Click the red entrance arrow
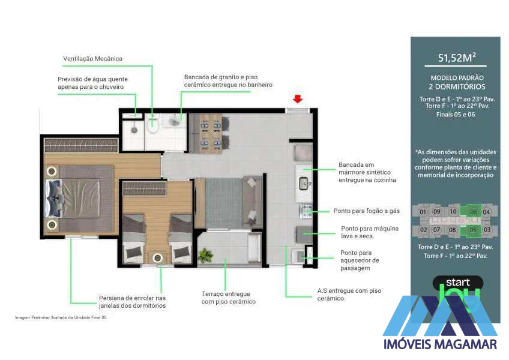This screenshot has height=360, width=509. pyautogui.click(x=298, y=99)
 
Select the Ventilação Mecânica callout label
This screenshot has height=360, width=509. pyautogui.click(x=92, y=59)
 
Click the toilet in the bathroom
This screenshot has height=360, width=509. pyautogui.click(x=152, y=125)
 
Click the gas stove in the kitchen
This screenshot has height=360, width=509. pyautogui.click(x=307, y=210)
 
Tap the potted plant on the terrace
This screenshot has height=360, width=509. pyautogui.click(x=206, y=255)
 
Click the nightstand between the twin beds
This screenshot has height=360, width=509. pyautogui.click(x=158, y=257)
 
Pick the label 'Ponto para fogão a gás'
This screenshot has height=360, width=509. pyautogui.click(x=366, y=211)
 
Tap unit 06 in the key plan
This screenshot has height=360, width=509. pyautogui.click(x=473, y=211)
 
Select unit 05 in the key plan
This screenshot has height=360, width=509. pyautogui.click(x=473, y=229)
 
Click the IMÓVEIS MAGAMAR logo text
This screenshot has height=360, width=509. pyautogui.click(x=440, y=344)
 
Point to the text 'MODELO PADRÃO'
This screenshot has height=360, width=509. pyautogui.click(x=457, y=78)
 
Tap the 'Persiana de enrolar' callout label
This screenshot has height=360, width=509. pyautogui.click(x=132, y=302)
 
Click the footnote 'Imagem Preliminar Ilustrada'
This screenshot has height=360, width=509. pyautogui.click(x=61, y=317)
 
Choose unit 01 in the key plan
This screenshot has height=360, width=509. pyautogui.click(x=423, y=211)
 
